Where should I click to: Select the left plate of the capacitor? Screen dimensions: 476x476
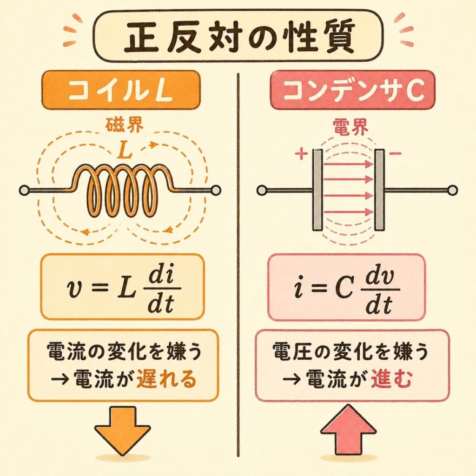pyautogui.click(x=318, y=190)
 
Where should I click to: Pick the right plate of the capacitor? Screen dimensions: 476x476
pyautogui.click(x=380, y=190)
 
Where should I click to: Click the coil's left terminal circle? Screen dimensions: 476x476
pyautogui.click(x=25, y=190)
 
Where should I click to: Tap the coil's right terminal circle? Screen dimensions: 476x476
pyautogui.click(x=216, y=190)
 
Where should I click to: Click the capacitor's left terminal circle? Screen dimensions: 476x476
pyautogui.click(x=262, y=190)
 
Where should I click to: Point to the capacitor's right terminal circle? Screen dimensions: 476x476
pyautogui.click(x=452, y=190)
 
